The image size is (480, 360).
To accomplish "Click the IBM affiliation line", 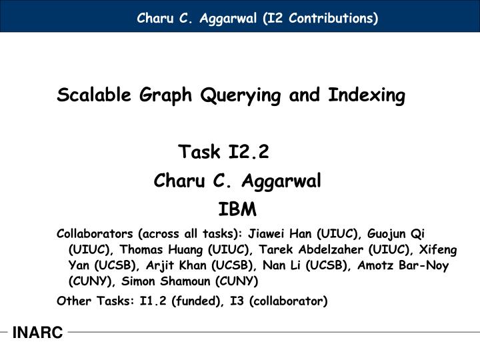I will [x=237, y=211].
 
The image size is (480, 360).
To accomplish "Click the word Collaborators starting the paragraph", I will [x=95, y=234].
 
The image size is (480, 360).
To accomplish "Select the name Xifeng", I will [x=437, y=250].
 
